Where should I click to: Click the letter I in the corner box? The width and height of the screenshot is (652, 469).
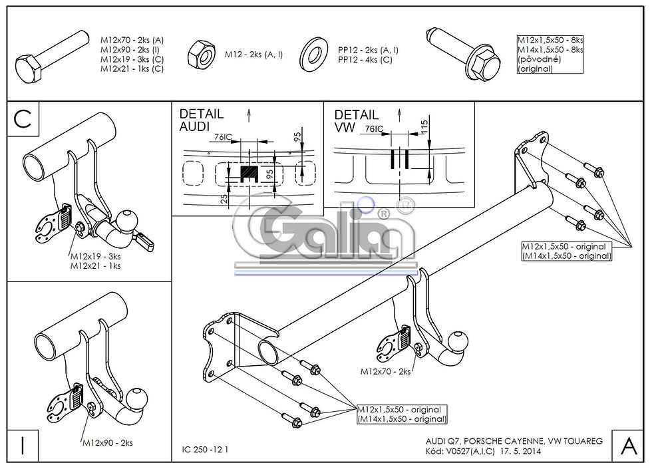tap(23, 446)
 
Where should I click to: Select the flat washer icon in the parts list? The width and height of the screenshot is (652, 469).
tap(314, 54)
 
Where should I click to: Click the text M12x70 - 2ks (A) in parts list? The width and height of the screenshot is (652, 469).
tap(132, 41)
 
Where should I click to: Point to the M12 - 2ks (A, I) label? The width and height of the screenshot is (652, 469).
tap(253, 54)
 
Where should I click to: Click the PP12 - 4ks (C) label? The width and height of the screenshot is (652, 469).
tap(365, 59)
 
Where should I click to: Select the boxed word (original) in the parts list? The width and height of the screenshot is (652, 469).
tap(536, 69)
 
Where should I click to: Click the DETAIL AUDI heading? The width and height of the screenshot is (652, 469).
tap(201, 120)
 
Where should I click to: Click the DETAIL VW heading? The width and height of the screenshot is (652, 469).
tap(357, 120)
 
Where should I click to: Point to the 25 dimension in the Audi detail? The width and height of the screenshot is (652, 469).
tap(225, 200)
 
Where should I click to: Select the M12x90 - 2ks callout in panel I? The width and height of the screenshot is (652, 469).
tap(108, 443)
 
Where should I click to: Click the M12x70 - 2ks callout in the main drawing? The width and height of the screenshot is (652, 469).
tap(385, 371)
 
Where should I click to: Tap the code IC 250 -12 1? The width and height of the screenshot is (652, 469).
tap(205, 450)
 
